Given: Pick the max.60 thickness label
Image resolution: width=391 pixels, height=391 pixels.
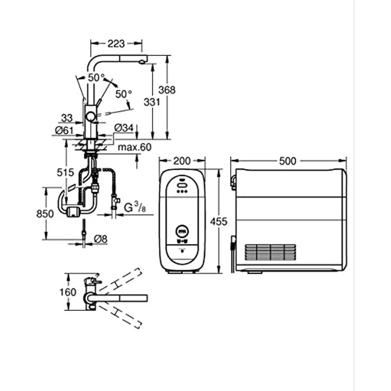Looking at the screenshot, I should pyautogui.click(x=134, y=147).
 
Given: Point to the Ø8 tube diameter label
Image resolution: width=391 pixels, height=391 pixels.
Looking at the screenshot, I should pyautogui.click(x=100, y=239).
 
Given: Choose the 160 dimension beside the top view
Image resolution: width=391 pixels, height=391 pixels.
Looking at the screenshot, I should pyautogui.click(x=68, y=292).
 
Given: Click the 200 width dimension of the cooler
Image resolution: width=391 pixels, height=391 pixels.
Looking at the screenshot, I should pyautogui.click(x=182, y=160).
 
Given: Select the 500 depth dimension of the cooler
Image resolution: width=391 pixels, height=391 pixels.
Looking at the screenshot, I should pyautogui.click(x=288, y=160).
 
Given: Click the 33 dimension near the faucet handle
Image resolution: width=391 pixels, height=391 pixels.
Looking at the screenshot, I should pyautogui.click(x=67, y=118).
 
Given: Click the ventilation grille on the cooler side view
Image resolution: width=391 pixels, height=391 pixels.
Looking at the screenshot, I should pyautogui.click(x=270, y=252).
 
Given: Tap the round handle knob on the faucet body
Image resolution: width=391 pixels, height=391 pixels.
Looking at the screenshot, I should pyautogui.click(x=91, y=116).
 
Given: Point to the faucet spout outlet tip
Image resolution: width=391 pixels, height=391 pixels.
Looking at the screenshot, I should pyautogui.click(x=142, y=62).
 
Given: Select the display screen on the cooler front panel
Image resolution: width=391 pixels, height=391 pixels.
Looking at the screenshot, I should pyautogui.click(x=182, y=231).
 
